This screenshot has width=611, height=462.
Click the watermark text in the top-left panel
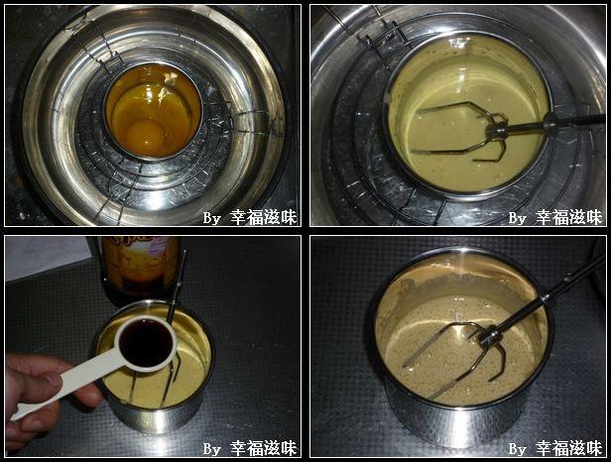coord(249,217)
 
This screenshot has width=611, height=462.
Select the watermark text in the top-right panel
coord(554,217)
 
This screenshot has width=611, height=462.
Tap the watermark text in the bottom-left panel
coord(249,448)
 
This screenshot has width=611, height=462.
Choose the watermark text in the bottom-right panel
coord(554,448)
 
